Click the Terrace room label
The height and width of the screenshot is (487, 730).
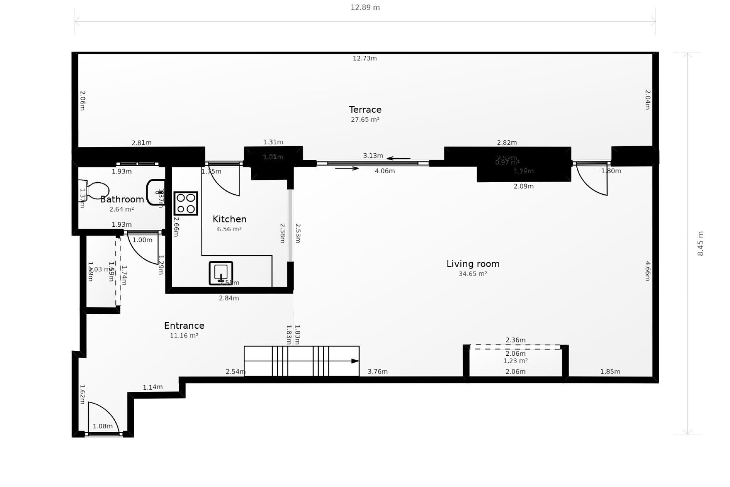tap(365, 110)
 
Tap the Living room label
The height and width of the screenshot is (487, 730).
tap(473, 264)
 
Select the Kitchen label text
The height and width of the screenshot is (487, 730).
tap(229, 219)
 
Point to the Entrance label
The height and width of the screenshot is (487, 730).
tap(184, 326)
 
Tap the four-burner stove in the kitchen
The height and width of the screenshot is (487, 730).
tap(186, 204)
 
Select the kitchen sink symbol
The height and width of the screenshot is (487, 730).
tap(221, 273)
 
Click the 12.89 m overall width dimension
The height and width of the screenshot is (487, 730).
tap(365, 8)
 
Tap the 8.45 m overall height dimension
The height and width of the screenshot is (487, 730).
tap(700, 243)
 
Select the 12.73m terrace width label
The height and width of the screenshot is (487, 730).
tap(365, 58)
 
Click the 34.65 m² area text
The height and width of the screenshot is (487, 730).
tap(473, 274)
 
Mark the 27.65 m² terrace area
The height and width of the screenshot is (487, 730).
tap(365, 119)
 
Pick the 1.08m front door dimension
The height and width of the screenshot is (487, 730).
tap(103, 426)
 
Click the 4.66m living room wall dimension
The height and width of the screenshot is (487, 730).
tap(647, 271)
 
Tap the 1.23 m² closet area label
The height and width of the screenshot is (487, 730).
tap(515, 361)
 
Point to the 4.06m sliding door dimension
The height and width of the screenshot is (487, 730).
tap(385, 171)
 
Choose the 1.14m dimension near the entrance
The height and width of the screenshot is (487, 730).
tap(153, 387)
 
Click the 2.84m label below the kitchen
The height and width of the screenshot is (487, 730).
tap(229, 298)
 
